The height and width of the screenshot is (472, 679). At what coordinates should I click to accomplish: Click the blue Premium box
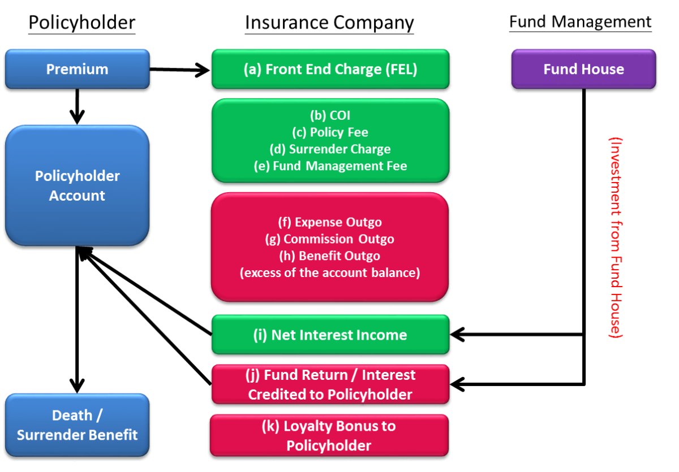(77, 69)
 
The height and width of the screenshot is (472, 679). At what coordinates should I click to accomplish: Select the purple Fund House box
(583, 69)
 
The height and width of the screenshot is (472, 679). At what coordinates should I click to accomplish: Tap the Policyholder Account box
(77, 185)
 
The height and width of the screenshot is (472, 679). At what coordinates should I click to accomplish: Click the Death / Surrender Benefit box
(77, 425)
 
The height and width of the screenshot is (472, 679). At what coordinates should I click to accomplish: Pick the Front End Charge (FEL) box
(330, 69)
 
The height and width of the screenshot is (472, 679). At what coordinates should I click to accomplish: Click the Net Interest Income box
(330, 335)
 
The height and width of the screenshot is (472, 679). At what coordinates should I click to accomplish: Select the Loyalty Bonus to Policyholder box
(329, 435)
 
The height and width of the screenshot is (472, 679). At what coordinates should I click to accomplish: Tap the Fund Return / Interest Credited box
(330, 384)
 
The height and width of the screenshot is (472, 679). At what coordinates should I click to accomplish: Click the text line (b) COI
(330, 115)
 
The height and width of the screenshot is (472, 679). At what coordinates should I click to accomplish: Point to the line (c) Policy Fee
(330, 132)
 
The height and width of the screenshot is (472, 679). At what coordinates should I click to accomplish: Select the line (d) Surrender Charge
(330, 149)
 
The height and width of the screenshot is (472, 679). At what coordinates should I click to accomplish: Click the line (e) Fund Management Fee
(330, 166)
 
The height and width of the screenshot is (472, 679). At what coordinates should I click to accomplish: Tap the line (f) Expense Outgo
(330, 222)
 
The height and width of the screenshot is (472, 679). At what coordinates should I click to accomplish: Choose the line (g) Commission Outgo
(330, 239)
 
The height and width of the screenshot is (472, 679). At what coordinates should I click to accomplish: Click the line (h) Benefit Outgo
(330, 256)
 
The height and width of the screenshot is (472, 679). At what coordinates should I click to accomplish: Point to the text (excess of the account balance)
(330, 273)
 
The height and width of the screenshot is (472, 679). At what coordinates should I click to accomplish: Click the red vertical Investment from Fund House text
(615, 237)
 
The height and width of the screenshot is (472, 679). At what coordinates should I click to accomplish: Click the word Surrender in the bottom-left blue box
(47, 435)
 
